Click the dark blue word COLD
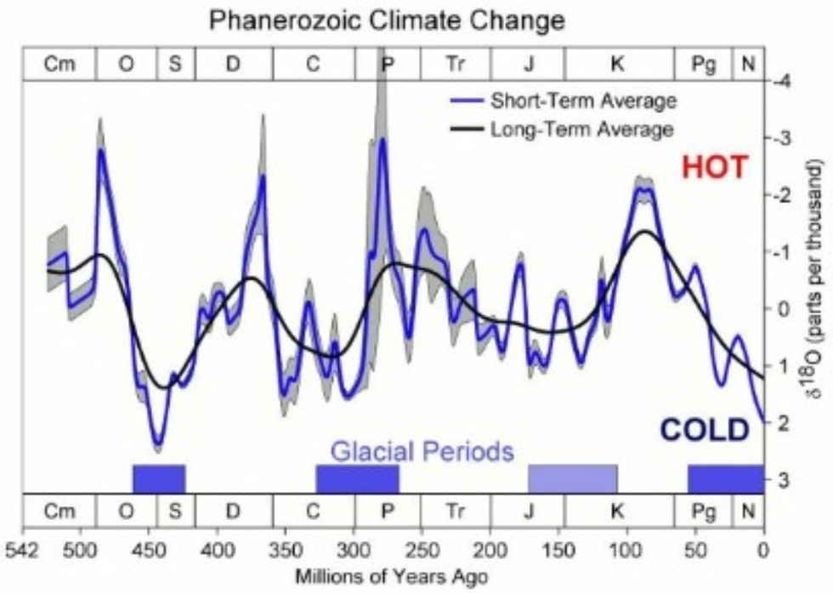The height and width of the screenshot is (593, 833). click(704, 430)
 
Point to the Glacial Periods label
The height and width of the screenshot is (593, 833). click(422, 450)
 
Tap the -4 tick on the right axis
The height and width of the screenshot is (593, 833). click(778, 82)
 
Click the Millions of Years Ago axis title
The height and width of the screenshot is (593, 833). click(391, 576)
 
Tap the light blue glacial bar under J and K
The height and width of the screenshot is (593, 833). click(573, 478)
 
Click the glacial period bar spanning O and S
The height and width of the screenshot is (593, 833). click(159, 478)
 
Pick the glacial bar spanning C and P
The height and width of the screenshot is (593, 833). click(357, 478)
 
